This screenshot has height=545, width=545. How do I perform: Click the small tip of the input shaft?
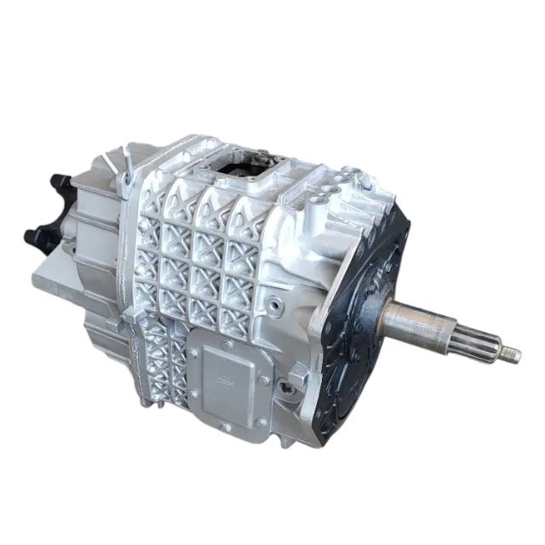(511, 353)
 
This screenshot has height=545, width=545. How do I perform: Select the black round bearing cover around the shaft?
(362, 311)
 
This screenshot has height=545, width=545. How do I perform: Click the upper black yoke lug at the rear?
(60, 183)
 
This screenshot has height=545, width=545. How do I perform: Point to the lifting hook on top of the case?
(126, 166)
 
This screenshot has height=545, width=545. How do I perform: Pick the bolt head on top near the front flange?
(365, 181)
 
